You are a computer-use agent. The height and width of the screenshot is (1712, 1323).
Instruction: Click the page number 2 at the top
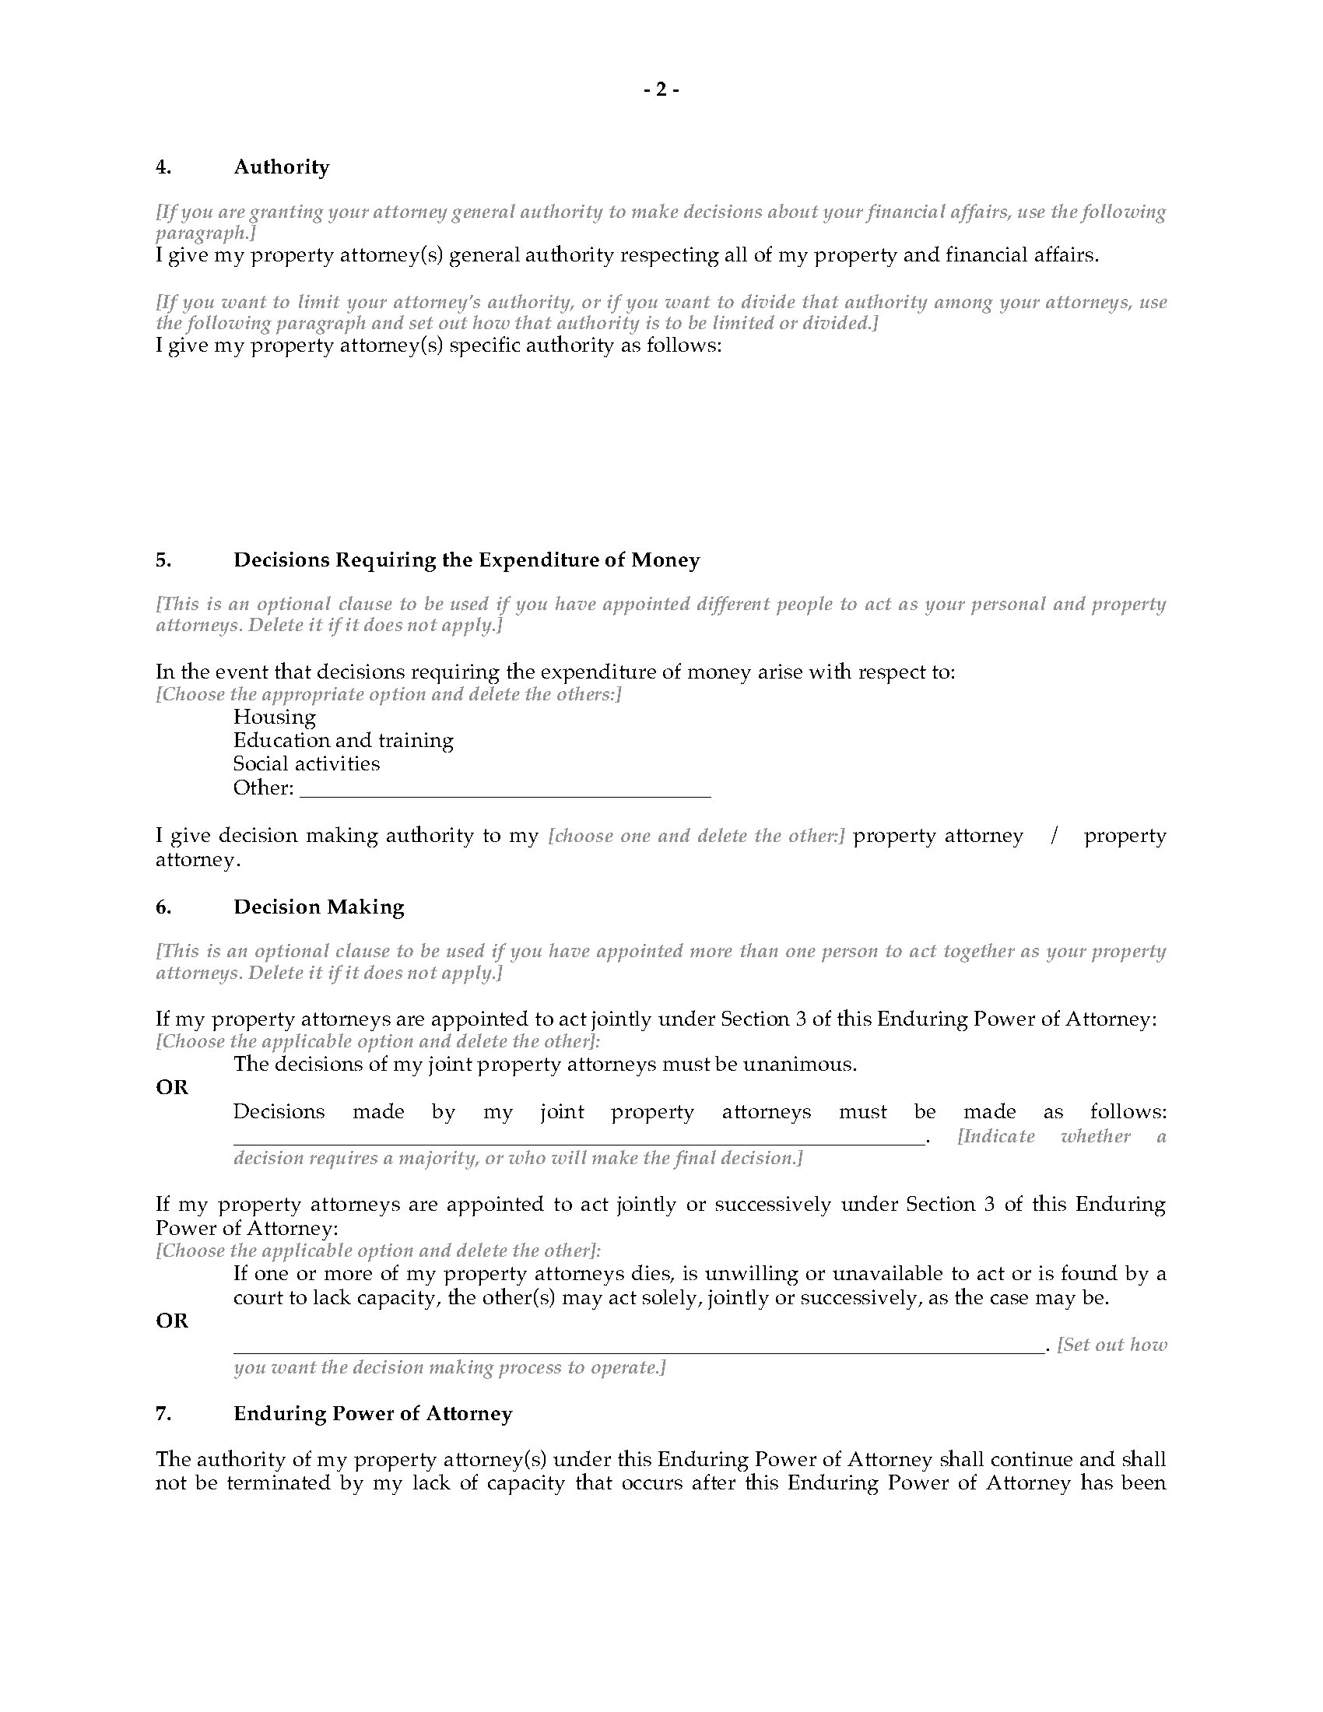point(661,90)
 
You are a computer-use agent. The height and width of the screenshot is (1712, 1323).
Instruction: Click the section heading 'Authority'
point(282,167)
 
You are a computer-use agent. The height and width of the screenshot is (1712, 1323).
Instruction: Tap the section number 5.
point(163,560)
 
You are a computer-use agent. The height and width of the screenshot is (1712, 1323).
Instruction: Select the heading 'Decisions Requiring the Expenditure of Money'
point(466,560)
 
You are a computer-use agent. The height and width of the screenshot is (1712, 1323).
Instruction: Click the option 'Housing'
point(274,717)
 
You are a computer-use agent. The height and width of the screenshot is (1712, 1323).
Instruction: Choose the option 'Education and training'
point(343,741)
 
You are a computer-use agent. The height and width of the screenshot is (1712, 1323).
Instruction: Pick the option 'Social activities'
point(307,763)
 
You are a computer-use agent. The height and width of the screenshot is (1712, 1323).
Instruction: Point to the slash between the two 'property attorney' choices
point(1055,836)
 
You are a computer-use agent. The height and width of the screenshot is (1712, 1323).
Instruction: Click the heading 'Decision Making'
point(319,907)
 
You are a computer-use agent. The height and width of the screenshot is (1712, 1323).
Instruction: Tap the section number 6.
point(163,907)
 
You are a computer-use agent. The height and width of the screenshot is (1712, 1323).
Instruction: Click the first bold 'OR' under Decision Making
point(173,1087)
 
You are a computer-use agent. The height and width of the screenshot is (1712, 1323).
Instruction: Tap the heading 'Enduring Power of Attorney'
point(373,1413)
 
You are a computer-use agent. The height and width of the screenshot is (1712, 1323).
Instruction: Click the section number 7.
point(163,1413)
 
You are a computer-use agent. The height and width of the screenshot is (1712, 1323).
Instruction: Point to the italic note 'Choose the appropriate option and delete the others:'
point(389,694)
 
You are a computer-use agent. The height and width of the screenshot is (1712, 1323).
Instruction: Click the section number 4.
point(163,167)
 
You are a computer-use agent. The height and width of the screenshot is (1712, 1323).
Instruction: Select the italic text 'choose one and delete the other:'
point(696,837)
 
